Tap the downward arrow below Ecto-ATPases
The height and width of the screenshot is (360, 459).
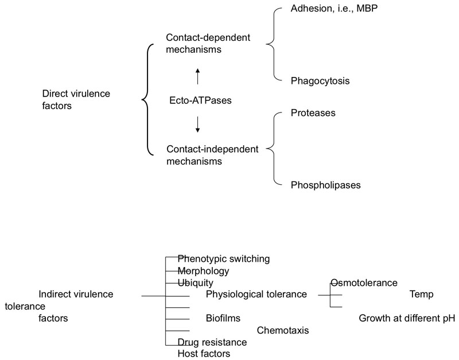(197, 125)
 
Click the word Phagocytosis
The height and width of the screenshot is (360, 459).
(320, 81)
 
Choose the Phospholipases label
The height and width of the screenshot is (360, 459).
(326, 185)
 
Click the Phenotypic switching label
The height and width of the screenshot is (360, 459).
(224, 259)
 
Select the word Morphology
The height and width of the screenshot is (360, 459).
(204, 271)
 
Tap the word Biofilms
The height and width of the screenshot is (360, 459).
(223, 318)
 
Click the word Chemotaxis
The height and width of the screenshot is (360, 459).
(283, 330)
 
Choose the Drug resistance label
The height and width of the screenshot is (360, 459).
(212, 342)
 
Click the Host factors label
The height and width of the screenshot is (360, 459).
(204, 354)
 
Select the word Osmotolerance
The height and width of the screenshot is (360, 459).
(364, 282)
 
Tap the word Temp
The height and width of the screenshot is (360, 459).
(421, 295)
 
